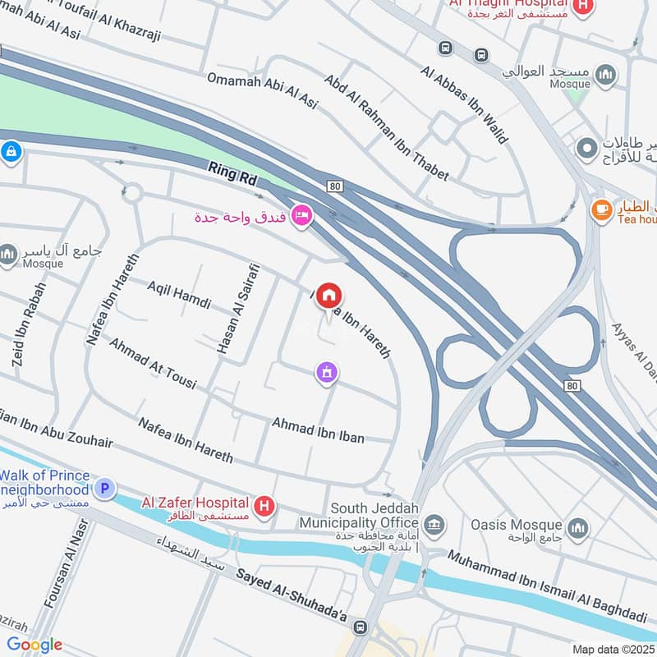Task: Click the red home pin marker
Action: [328, 296]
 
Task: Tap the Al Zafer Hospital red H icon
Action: [264, 506]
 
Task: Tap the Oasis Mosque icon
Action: [578, 526]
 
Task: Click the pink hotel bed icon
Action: [301, 217]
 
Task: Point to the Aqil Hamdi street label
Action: [179, 293]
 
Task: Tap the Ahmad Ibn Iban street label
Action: [318, 429]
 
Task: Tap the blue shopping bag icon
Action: [11, 151]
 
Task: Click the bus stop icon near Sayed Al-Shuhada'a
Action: [359, 628]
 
